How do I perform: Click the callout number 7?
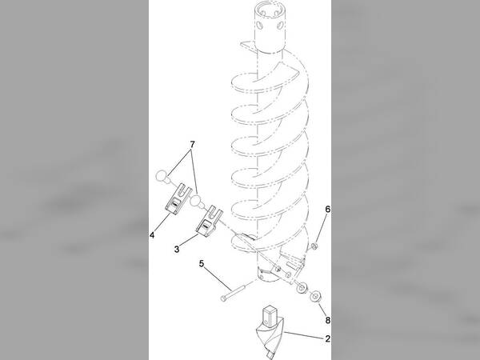pyautogui.click(x=192, y=144)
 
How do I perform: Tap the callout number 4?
pyautogui.click(x=152, y=235)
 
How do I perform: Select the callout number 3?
pyautogui.click(x=177, y=249)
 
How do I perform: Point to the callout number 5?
pyautogui.click(x=202, y=263)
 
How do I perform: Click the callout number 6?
pyautogui.click(x=328, y=210)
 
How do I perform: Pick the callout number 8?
pyautogui.click(x=328, y=320)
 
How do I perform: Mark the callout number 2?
pyautogui.click(x=328, y=339)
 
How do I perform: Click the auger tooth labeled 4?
pyautogui.click(x=178, y=199)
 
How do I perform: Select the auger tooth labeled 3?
pyautogui.click(x=209, y=222)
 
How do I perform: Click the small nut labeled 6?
pyautogui.click(x=314, y=246)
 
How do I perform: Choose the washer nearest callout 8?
pyautogui.click(x=315, y=296)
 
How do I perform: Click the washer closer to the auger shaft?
pyautogui.click(x=302, y=288)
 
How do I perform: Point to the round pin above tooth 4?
pyautogui.click(x=162, y=177)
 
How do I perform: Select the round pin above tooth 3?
pyautogui.click(x=197, y=202)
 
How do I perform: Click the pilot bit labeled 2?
pyautogui.click(x=270, y=331)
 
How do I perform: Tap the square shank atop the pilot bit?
pyautogui.click(x=270, y=315)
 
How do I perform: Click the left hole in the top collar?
pyautogui.click(x=261, y=24)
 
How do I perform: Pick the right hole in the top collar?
pyautogui.click(x=279, y=26)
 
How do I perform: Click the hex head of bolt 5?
pyautogui.click(x=223, y=298)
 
